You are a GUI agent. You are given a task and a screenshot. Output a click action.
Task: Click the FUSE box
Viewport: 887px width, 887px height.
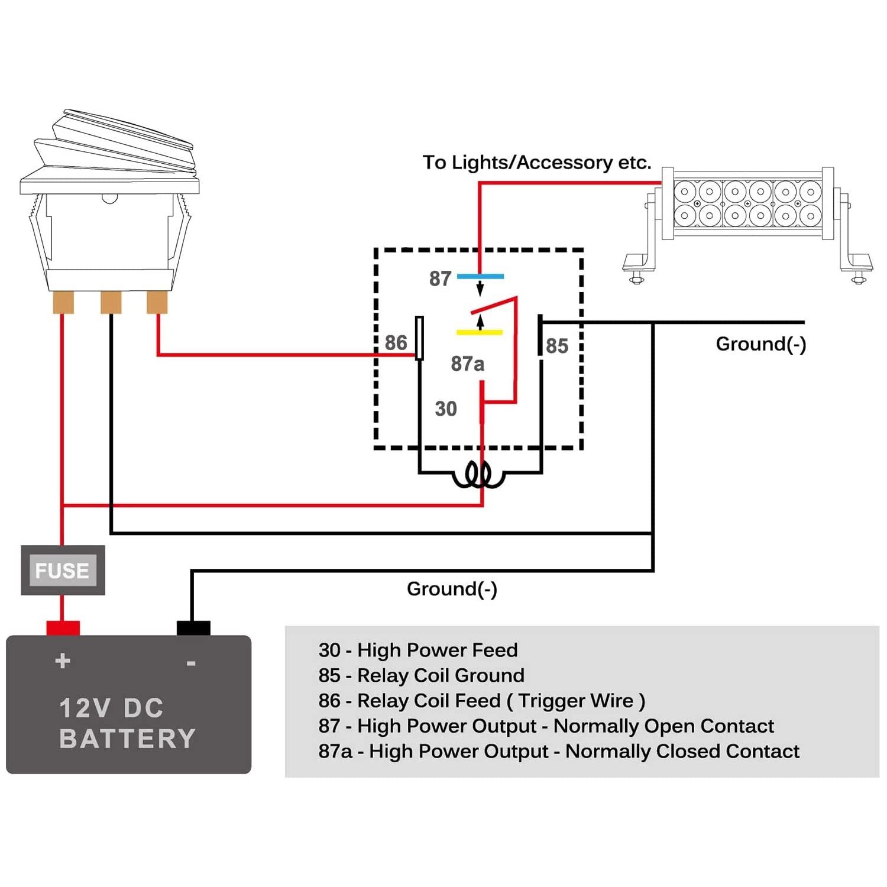pos(63,570)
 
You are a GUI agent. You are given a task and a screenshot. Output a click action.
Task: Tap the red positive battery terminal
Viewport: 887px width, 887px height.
pos(63,628)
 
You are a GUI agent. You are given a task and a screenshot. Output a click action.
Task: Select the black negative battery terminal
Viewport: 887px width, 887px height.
pos(193,628)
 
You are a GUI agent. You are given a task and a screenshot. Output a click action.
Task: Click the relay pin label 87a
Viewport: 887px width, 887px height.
pos(468,364)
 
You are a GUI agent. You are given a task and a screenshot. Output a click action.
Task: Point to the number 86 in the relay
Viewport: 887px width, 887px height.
pos(396,342)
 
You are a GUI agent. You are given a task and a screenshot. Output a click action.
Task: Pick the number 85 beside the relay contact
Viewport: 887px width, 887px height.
pos(557,346)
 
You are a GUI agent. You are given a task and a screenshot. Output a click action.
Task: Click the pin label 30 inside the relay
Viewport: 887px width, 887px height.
pos(446,409)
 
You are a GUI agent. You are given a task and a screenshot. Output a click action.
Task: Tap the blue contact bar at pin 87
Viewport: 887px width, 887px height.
pos(480,276)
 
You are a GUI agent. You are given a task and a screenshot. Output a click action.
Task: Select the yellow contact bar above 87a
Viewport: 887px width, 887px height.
pos(480,332)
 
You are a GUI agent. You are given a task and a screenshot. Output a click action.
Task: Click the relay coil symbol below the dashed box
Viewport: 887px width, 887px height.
pos(478,475)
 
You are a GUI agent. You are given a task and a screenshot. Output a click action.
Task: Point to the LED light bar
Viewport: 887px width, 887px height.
pos(747,225)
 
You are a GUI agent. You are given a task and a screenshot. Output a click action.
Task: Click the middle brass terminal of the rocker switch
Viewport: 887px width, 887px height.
pos(111,302)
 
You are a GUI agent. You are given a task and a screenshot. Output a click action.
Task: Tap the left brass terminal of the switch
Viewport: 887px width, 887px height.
pos(63,302)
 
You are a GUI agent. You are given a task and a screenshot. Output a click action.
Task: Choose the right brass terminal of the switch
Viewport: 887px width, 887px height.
pos(157,302)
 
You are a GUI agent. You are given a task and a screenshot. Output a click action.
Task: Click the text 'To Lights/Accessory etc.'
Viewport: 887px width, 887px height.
pos(537,162)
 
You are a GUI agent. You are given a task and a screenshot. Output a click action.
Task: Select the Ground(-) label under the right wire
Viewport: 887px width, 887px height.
pos(761,344)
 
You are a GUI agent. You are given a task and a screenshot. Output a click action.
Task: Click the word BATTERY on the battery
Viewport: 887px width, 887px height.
pos(127,739)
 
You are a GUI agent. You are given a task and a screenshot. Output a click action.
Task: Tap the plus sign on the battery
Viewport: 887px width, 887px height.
pos(63,661)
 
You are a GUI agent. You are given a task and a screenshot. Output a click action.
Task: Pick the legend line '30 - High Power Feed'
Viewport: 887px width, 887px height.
pos(418,650)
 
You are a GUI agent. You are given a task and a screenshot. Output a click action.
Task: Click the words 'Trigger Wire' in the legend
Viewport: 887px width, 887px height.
pos(576,701)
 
